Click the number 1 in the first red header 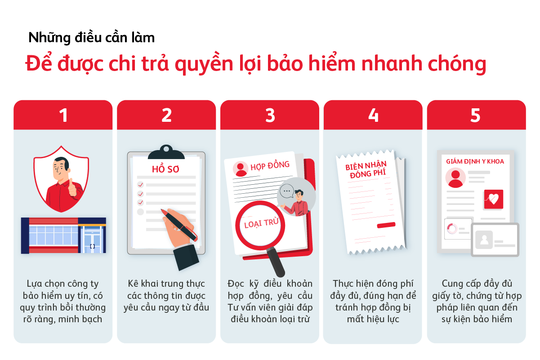click(63, 116)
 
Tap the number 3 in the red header click(270, 116)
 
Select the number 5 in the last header click(476, 116)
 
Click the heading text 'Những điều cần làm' click(91, 37)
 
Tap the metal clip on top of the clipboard click(166, 151)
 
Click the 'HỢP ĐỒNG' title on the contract click(270, 165)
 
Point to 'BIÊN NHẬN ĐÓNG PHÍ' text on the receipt click(366, 170)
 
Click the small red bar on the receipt click(386, 225)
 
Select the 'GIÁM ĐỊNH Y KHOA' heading click(475, 161)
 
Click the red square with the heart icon click(493, 199)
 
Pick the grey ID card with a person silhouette click(495, 240)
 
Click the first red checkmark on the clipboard click(140, 185)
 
